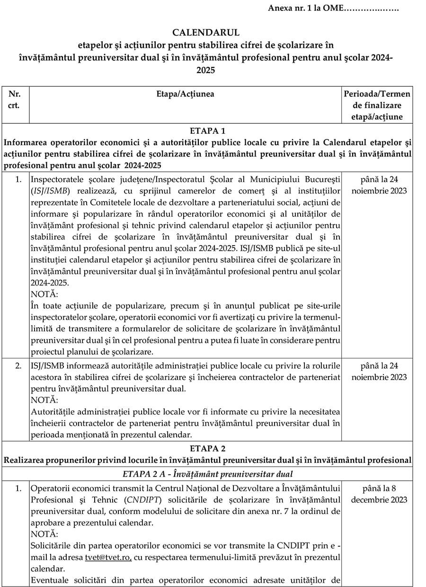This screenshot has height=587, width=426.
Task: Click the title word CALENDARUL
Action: click(206, 33)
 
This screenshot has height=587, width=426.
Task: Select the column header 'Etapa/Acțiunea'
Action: click(185, 94)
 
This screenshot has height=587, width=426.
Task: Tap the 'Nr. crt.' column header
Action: click(14, 99)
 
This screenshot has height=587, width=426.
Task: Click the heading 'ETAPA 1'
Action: click(207, 130)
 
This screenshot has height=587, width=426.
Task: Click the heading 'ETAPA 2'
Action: click(207, 448)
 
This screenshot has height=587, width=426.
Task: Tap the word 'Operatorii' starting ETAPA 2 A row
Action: click(50, 488)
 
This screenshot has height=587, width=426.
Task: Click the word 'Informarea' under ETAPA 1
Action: click(24, 143)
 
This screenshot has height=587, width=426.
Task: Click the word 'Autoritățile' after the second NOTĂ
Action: click(52, 411)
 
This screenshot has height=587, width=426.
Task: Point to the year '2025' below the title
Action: click(206, 70)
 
